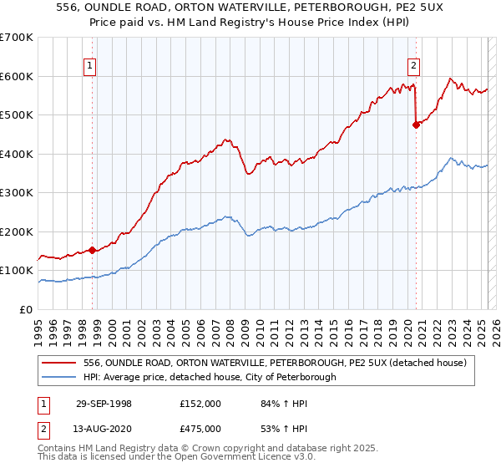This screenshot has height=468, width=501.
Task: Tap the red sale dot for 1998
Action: [93, 250]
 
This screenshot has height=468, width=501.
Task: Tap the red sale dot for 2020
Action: [416, 125]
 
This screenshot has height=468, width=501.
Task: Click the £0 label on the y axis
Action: [27, 310]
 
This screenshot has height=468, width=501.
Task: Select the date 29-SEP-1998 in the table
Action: [104, 403]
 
